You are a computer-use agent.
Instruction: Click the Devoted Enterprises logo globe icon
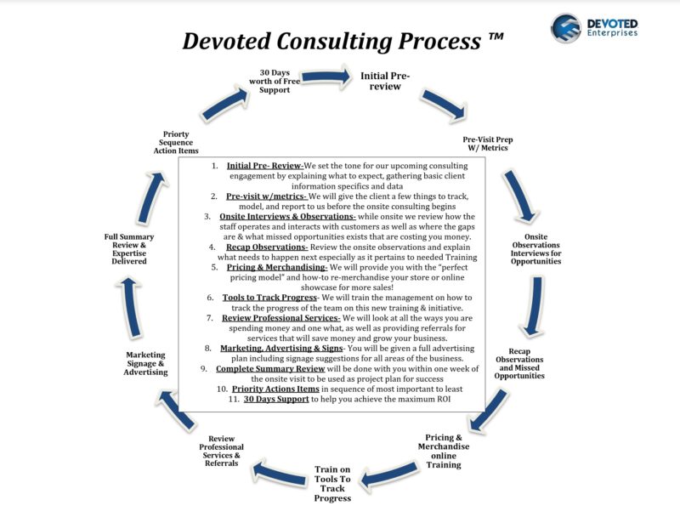click(566, 28)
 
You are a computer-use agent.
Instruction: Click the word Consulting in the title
click(334, 42)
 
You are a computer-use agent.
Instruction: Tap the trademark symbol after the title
click(496, 37)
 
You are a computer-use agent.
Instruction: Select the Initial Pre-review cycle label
click(385, 81)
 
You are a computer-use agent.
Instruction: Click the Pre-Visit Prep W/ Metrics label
click(487, 144)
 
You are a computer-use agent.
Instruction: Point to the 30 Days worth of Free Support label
click(275, 81)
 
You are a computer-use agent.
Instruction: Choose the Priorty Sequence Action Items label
click(176, 142)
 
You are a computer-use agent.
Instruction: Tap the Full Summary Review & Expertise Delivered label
click(129, 249)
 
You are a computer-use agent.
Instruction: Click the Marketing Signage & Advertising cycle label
click(145, 363)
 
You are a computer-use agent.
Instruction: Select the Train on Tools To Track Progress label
click(332, 484)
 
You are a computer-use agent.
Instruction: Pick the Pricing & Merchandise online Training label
click(444, 451)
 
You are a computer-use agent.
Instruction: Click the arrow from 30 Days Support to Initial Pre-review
click(326, 77)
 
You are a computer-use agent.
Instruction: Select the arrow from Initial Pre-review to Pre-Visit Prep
click(445, 105)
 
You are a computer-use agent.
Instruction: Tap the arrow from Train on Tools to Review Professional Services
click(280, 474)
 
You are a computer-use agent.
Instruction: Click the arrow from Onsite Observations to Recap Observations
click(534, 307)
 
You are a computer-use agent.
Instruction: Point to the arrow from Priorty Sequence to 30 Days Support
click(225, 103)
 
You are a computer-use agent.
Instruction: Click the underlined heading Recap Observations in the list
click(267, 247)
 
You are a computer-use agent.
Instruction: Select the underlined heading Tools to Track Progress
click(269, 298)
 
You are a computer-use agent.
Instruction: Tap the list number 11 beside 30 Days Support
click(234, 399)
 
